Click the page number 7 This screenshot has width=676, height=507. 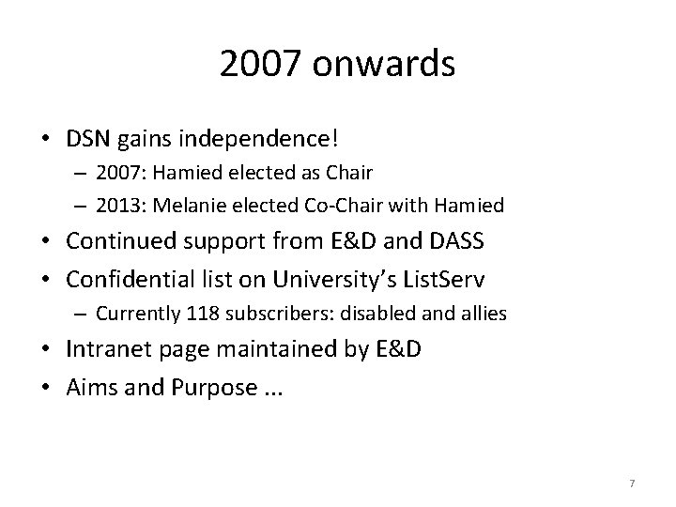point(632,483)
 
